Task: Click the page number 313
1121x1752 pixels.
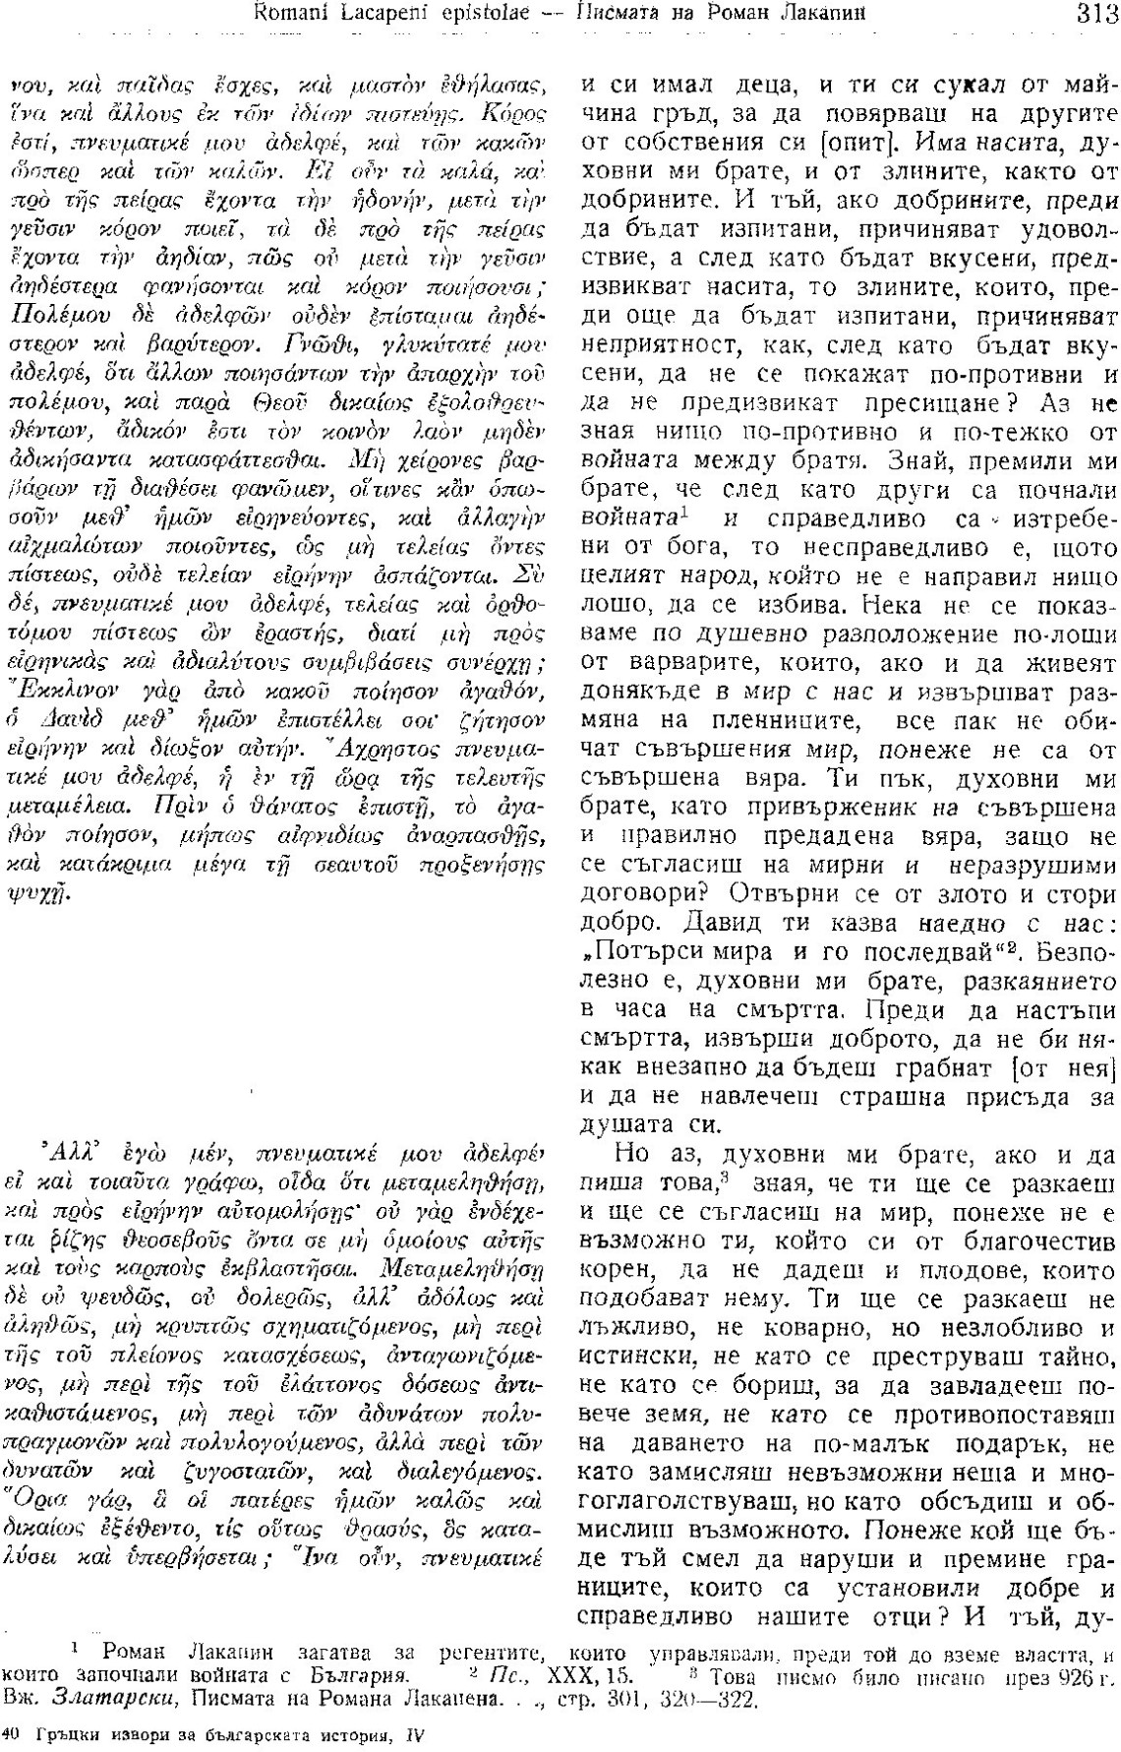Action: click(x=1091, y=12)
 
